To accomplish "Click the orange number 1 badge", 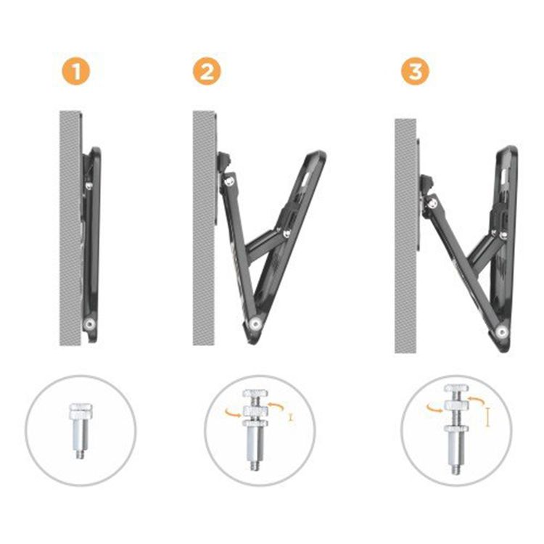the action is [76, 72].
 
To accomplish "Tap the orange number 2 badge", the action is [207, 72].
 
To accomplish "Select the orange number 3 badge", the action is [416, 72].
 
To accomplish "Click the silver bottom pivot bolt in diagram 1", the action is [90, 324].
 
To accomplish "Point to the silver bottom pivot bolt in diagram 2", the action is [256, 324].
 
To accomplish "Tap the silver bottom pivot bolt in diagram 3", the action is [502, 332].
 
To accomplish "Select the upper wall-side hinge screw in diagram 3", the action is [432, 203].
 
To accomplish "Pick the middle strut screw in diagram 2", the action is [287, 234].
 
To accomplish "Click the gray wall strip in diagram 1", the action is [70, 228].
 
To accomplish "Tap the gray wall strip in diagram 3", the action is [405, 236].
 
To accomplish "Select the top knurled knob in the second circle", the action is [255, 393].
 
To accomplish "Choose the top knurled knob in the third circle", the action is [456, 388].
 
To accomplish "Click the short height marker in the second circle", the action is [291, 418].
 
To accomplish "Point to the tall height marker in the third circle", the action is [487, 417].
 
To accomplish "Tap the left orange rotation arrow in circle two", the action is [232, 412].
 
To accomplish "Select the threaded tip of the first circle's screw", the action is [80, 454].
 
